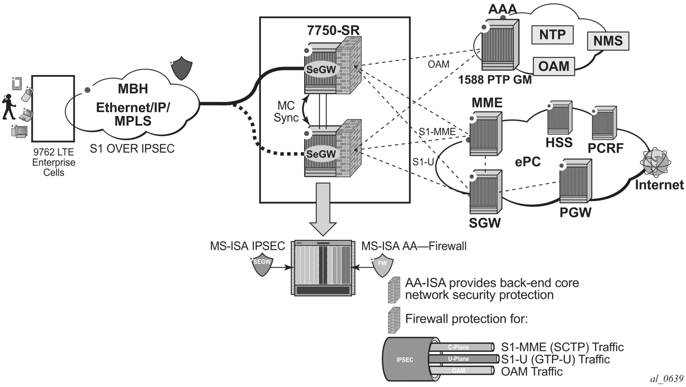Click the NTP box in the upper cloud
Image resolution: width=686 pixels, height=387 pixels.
[x=552, y=35]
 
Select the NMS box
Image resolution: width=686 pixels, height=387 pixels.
[x=608, y=41]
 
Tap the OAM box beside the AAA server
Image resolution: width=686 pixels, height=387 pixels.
[x=553, y=66]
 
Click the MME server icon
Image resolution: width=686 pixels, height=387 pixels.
[x=485, y=134]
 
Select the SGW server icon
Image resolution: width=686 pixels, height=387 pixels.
[x=485, y=191]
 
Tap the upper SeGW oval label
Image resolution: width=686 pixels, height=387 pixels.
[x=321, y=70]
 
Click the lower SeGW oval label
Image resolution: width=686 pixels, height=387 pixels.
[x=321, y=154]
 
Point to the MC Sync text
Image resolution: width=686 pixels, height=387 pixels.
[x=286, y=112]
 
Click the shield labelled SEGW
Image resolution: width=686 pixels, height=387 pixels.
[x=261, y=264]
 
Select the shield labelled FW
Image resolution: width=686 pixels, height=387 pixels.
[x=382, y=265]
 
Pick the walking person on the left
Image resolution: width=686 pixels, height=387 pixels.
[x=8, y=107]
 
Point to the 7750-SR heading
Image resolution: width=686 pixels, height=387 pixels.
[x=333, y=30]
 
